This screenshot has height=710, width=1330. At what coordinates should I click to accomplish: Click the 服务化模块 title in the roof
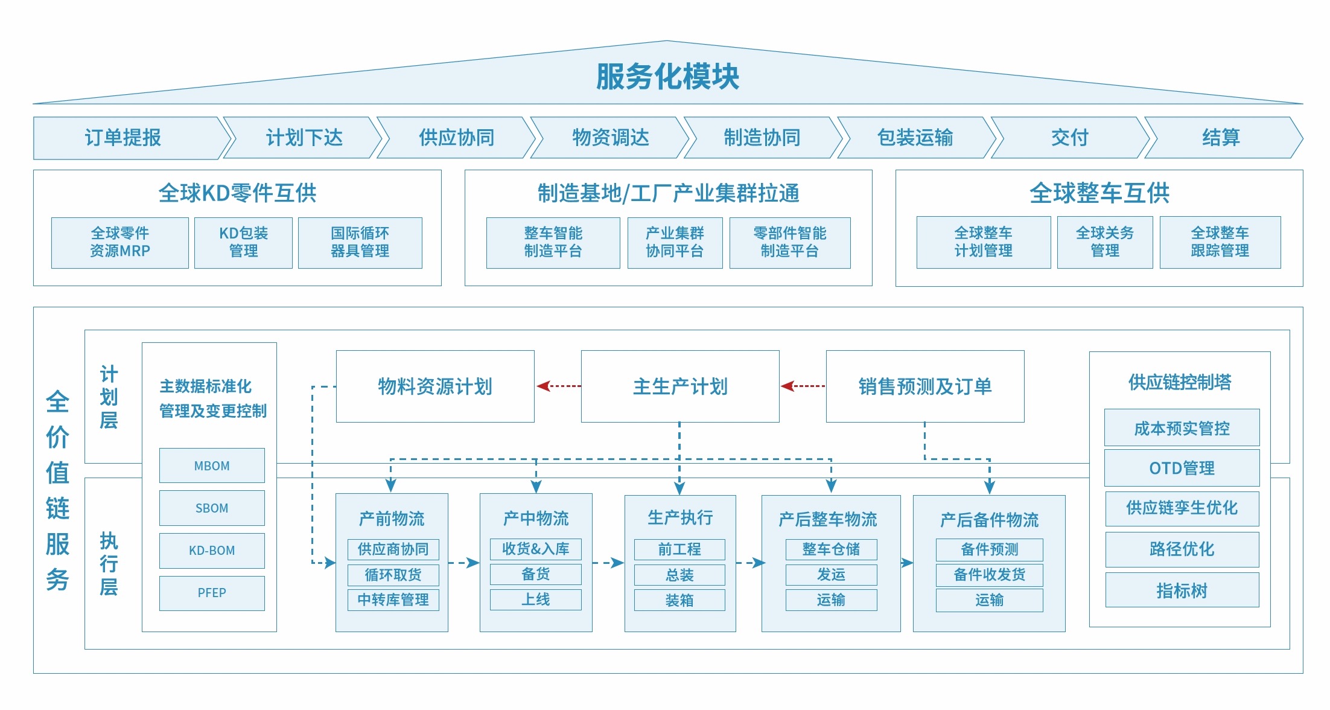tap(667, 77)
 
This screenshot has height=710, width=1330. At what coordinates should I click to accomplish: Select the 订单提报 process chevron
tap(124, 138)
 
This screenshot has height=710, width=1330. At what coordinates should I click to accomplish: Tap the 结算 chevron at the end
tap(1221, 138)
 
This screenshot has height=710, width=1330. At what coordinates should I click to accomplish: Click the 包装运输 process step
tap(915, 138)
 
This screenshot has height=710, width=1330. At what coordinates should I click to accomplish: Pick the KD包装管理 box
tap(243, 242)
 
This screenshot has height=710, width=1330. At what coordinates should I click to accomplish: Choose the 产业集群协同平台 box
tap(675, 242)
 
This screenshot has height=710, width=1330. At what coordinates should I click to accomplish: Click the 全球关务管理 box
tap(1104, 242)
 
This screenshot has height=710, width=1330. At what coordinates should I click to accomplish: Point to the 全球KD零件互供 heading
tap(237, 193)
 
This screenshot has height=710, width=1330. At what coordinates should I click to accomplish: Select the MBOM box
tap(212, 465)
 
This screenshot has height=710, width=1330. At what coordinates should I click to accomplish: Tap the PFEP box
tap(212, 593)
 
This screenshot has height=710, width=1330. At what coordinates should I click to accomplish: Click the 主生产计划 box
tap(680, 386)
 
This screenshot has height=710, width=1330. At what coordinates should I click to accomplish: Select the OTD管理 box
tap(1182, 468)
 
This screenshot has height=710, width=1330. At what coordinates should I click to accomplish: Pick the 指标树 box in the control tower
tap(1182, 590)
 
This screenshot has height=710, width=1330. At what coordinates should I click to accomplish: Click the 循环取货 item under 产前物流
tap(393, 575)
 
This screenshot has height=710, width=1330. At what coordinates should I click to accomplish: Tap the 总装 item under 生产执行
tap(679, 575)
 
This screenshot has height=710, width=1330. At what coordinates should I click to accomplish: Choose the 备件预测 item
tap(989, 549)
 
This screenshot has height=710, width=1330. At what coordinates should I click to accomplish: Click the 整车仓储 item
tap(831, 549)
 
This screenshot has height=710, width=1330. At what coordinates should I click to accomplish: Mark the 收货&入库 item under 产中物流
tap(535, 549)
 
